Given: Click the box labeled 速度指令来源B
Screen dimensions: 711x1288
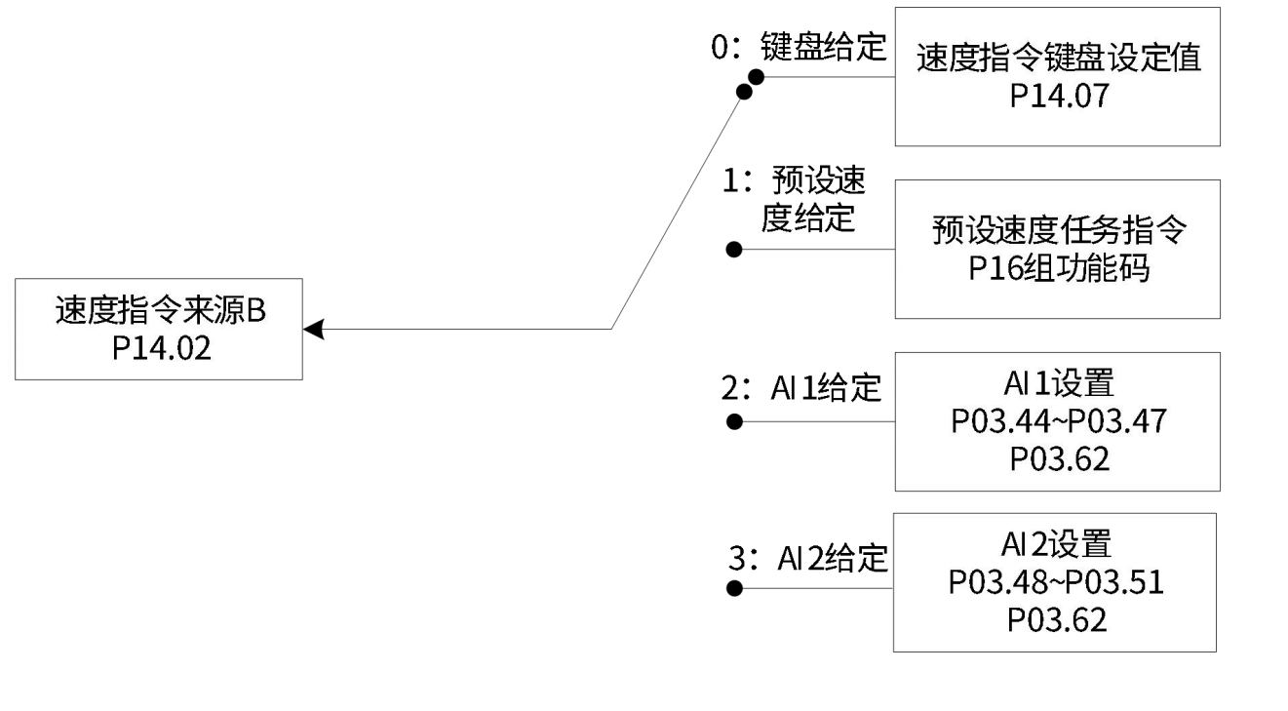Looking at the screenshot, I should (x=159, y=329).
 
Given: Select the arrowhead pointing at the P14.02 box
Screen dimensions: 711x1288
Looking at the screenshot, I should (x=313, y=330).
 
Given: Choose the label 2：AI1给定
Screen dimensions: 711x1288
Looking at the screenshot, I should (x=801, y=389).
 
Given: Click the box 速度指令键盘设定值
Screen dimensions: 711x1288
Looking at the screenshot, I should (x=1057, y=76).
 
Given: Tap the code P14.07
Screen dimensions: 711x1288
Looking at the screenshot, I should (x=1058, y=97).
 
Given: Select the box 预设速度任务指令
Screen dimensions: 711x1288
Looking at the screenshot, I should (x=1057, y=249).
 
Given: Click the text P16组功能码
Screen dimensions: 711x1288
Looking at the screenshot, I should (x=1057, y=269).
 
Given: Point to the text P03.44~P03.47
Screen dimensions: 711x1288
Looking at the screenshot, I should (x=1058, y=422).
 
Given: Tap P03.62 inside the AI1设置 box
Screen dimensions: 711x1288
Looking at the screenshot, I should (x=1059, y=458).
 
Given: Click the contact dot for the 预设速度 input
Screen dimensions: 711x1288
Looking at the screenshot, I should (x=735, y=250).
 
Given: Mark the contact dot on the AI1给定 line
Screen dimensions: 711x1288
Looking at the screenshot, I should (x=735, y=422).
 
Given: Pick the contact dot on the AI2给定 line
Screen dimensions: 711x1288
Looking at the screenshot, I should (x=735, y=589).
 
